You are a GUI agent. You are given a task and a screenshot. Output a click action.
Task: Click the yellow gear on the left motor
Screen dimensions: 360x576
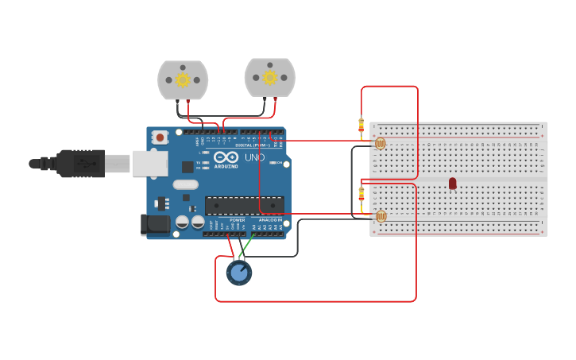(183, 79)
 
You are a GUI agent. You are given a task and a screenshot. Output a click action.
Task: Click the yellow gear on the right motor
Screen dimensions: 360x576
(270, 77)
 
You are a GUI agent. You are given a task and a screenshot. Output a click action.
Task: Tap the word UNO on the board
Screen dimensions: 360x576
(255, 157)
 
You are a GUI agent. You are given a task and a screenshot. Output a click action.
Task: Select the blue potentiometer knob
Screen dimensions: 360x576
(239, 273)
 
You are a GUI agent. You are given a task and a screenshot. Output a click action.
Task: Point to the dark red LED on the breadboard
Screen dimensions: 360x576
(453, 184)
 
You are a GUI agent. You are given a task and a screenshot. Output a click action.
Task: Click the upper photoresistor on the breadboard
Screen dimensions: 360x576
(380, 144)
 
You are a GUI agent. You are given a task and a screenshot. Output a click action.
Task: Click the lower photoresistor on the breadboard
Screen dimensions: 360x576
(381, 216)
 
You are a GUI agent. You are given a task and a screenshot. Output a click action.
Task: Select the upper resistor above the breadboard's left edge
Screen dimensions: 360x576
(361, 125)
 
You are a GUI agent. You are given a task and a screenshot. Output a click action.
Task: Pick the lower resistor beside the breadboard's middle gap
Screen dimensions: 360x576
(361, 193)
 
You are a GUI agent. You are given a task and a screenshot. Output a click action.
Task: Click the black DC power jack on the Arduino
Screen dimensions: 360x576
(156, 225)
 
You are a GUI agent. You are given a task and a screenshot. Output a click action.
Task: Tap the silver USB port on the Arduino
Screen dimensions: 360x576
(150, 164)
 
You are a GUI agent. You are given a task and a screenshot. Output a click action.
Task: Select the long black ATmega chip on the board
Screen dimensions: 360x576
(244, 206)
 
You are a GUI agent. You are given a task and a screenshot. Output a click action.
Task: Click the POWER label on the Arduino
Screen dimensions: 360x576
(237, 220)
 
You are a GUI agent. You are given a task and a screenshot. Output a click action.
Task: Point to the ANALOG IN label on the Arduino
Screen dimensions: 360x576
(270, 220)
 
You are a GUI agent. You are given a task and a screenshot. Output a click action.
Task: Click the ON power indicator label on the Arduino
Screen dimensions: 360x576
(276, 163)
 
